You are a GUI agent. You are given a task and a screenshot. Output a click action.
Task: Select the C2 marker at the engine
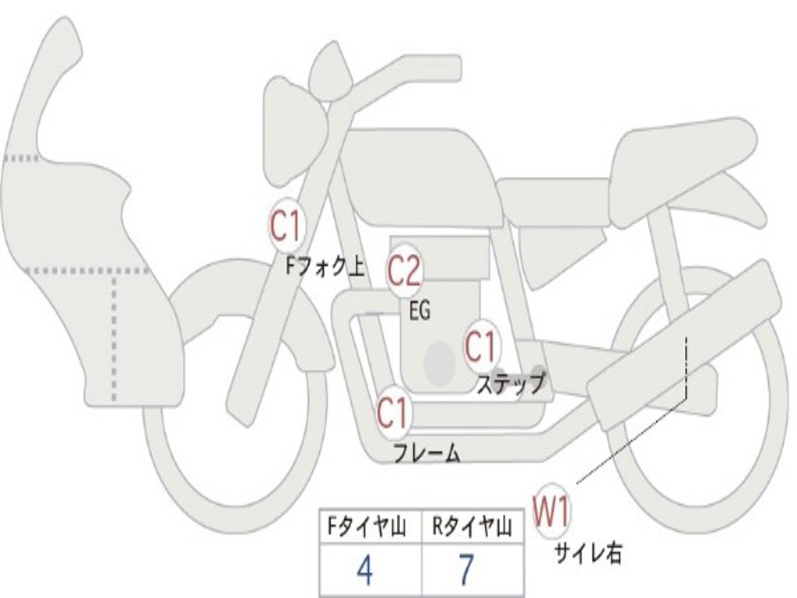tap(405, 271)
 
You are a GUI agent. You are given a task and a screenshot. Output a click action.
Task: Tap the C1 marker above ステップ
tap(481, 346)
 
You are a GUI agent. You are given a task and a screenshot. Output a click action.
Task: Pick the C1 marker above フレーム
tap(393, 413)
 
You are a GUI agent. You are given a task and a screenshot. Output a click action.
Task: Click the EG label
tap(420, 311)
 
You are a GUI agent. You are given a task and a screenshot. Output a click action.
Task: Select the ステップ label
tap(511, 383)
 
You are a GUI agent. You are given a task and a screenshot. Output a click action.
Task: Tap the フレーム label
tap(427, 452)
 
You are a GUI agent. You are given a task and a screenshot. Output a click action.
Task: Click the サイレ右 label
tap(588, 553)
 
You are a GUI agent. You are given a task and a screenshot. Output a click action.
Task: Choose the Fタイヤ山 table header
tap(365, 528)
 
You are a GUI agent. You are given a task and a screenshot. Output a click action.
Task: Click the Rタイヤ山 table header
tap(472, 528)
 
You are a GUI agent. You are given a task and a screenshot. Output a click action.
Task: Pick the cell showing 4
tap(364, 571)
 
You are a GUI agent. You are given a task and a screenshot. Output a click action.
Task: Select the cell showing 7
tap(466, 571)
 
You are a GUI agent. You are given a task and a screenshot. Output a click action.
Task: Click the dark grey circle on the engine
tap(440, 361)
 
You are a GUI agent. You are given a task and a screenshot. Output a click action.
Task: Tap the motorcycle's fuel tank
tap(420, 175)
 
